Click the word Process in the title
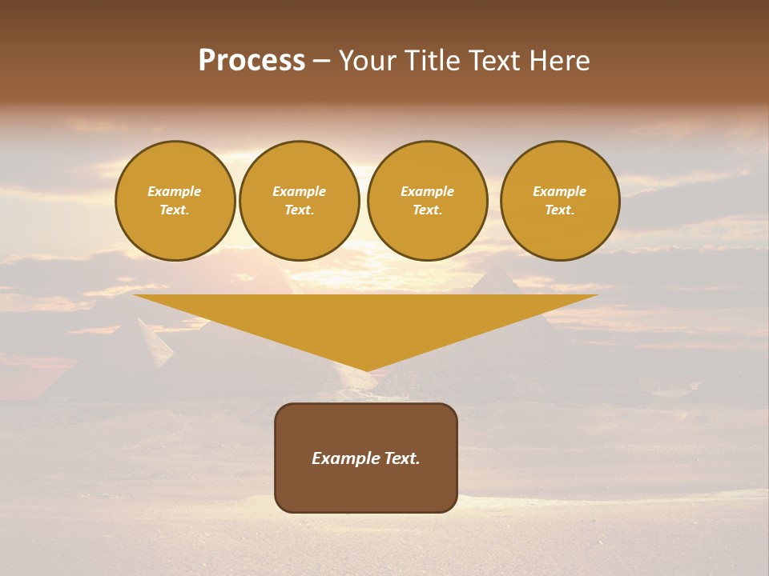[252, 61]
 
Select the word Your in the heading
[368, 61]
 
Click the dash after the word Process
[321, 62]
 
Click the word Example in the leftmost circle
[175, 191]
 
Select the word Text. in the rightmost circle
[559, 210]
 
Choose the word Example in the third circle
[427, 191]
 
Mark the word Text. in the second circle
[299, 210]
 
